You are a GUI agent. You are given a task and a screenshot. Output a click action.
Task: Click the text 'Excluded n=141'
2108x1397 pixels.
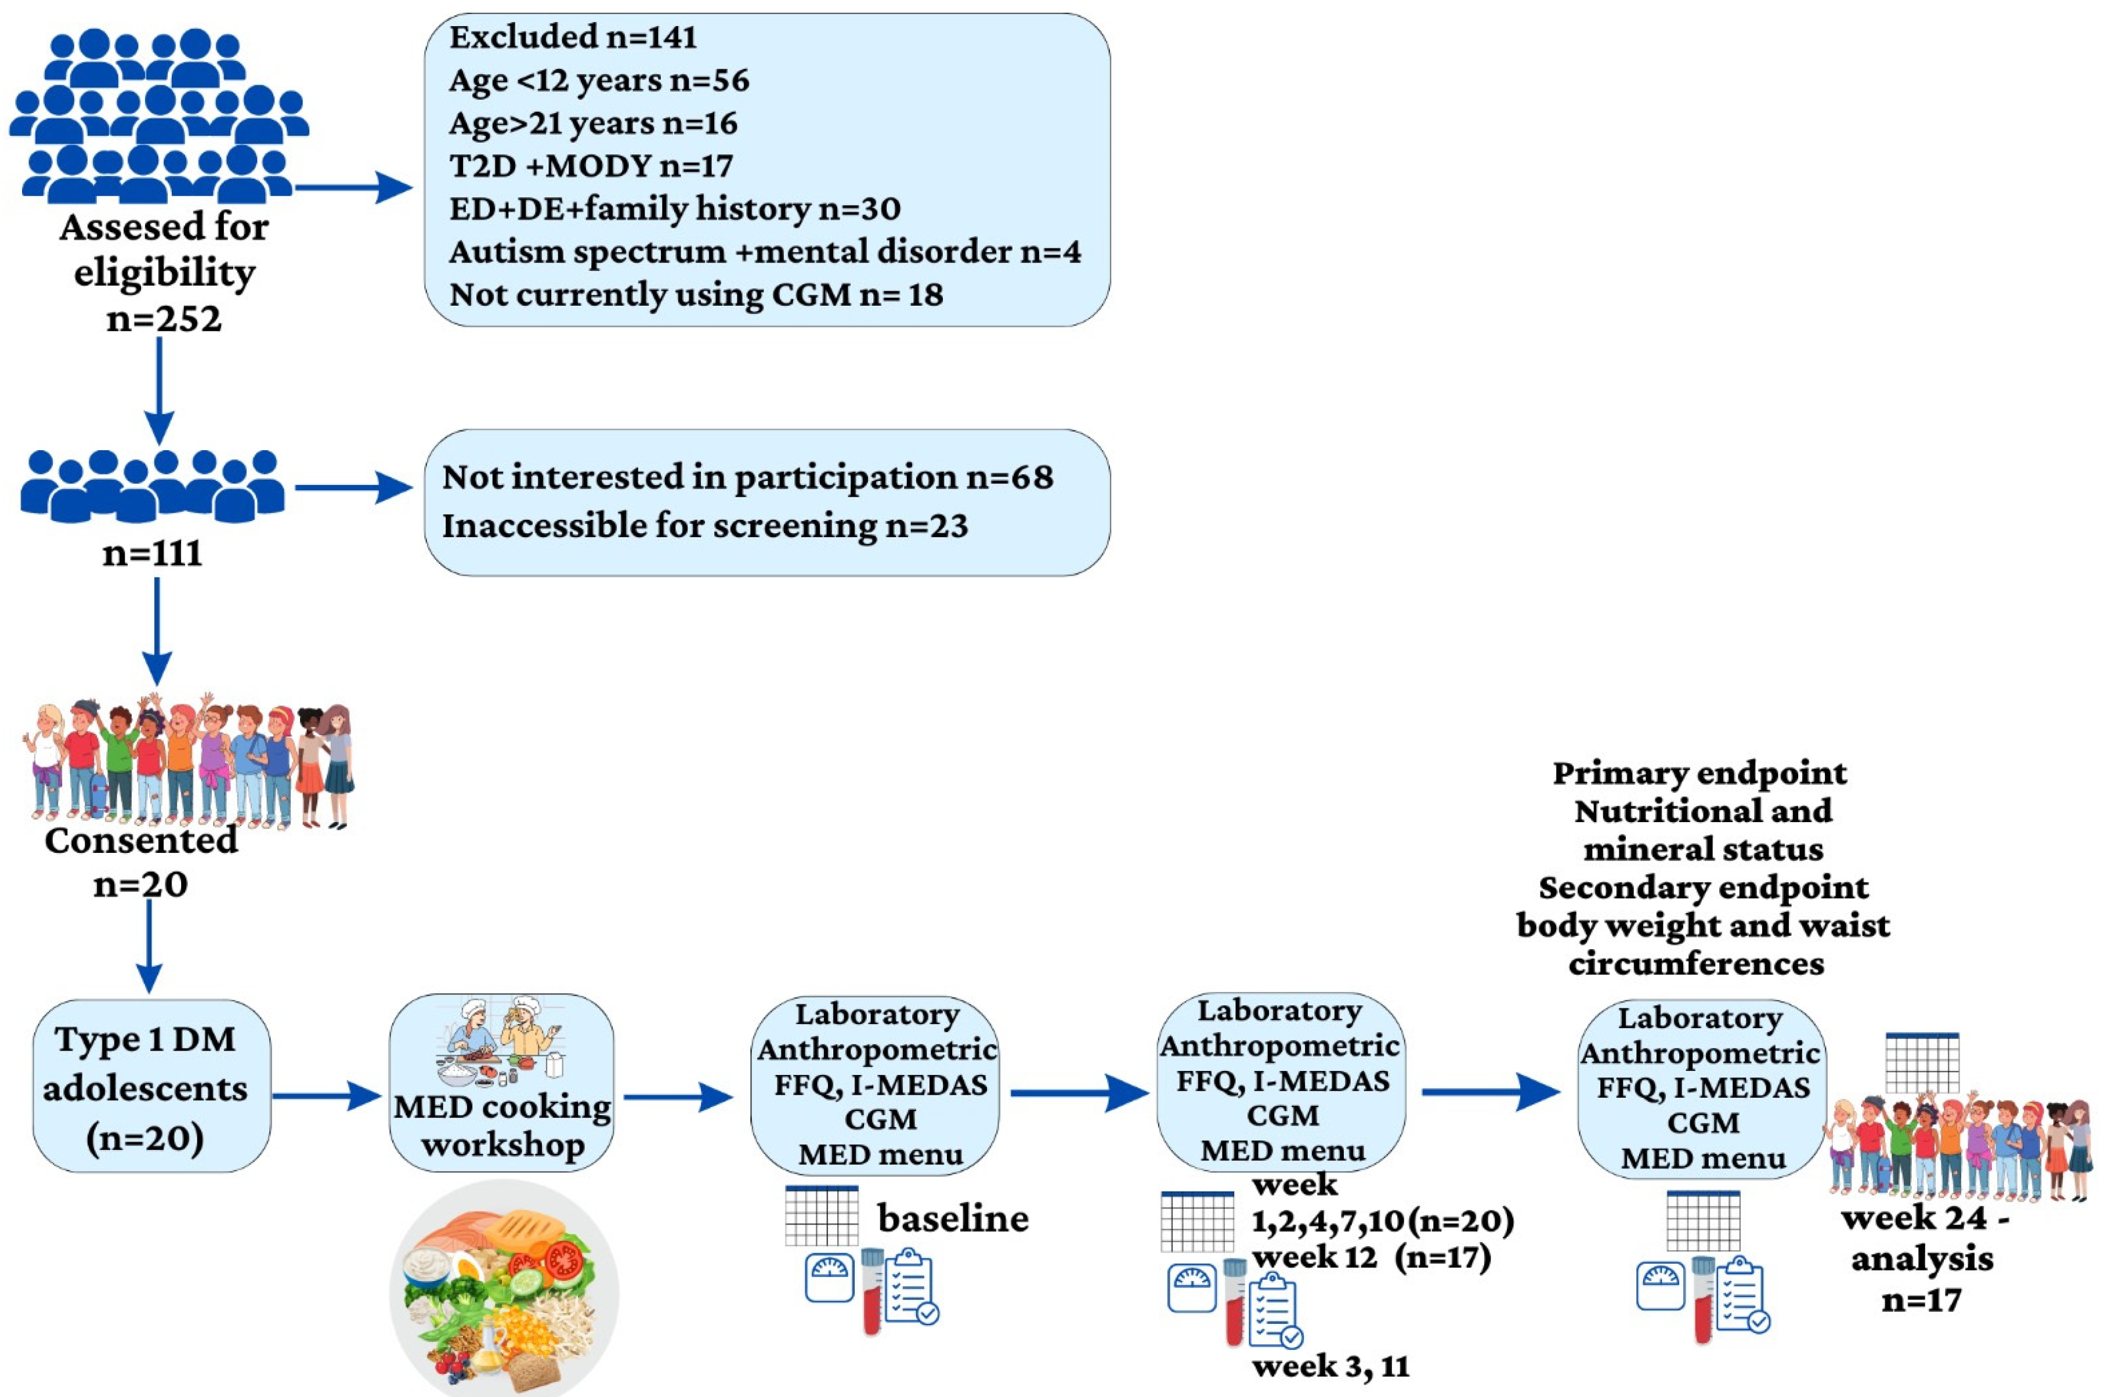pyautogui.click(x=573, y=37)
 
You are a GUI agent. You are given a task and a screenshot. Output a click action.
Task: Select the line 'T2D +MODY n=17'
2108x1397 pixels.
pyautogui.click(x=591, y=166)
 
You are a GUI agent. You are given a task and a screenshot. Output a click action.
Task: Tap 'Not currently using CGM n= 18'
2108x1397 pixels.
pyautogui.click(x=696, y=295)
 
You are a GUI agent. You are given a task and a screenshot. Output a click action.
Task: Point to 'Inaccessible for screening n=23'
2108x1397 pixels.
pyautogui.click(x=705, y=526)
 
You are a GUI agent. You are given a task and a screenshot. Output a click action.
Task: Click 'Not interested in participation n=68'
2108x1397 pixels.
pyautogui.click(x=747, y=477)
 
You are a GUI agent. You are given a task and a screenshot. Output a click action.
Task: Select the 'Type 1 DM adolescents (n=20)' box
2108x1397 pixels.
pyautogui.click(x=151, y=1086)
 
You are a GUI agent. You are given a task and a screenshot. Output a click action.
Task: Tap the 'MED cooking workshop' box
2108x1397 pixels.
pyautogui.click(x=501, y=1083)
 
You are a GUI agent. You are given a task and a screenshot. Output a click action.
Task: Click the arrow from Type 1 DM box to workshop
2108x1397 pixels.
pyautogui.click(x=327, y=1096)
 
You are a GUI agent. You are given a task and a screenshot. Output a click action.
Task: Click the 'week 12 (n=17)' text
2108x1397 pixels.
pyautogui.click(x=1371, y=1257)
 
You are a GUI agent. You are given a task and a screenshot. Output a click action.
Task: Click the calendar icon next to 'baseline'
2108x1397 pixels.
pyautogui.click(x=822, y=1216)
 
